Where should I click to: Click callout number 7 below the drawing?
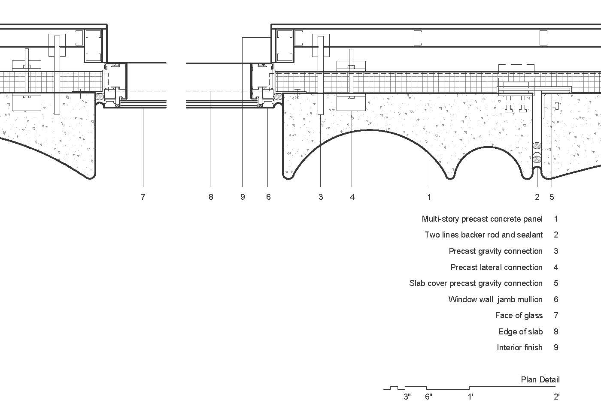143,197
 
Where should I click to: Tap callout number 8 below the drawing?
210,197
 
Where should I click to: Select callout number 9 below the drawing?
243,197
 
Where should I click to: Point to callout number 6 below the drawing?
268,197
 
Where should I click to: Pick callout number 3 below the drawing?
321,197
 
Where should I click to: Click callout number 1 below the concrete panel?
429,197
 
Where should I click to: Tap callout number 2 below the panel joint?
537,197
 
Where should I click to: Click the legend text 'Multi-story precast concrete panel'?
482,219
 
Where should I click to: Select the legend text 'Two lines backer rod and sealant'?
484,235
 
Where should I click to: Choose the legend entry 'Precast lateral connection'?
496,268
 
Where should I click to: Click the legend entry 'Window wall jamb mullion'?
495,300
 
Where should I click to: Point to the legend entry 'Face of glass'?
519,316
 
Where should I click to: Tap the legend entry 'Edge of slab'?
520,332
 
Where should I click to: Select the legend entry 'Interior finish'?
519,348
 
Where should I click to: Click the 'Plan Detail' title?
540,379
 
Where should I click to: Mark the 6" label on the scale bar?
428,397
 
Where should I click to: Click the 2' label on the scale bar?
556,397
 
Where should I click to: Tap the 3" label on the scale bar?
407,397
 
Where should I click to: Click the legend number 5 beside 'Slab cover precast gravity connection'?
556,283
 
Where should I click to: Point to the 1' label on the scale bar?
470,397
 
